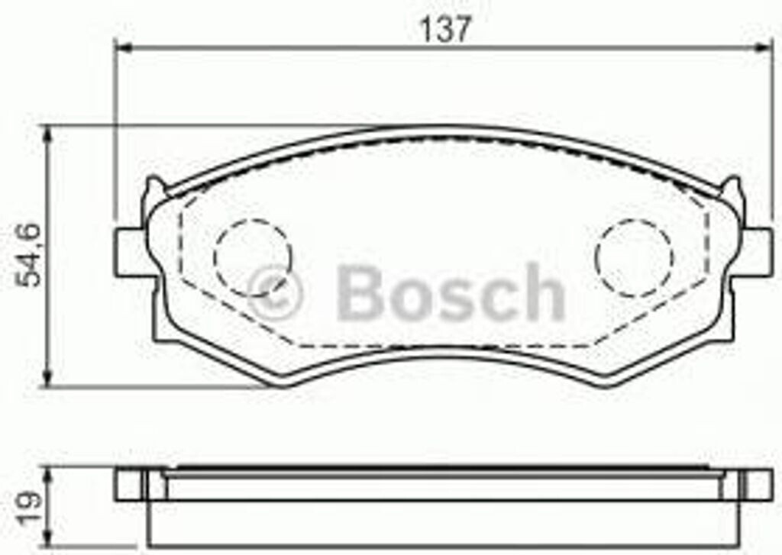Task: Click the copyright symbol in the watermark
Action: [274, 293]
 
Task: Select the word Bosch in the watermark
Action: [451, 293]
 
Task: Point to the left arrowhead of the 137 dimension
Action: [123, 47]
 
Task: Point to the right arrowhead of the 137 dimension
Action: [764, 47]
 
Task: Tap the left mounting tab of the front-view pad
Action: [130, 252]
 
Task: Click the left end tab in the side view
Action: [130, 484]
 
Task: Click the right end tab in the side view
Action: [756, 484]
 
